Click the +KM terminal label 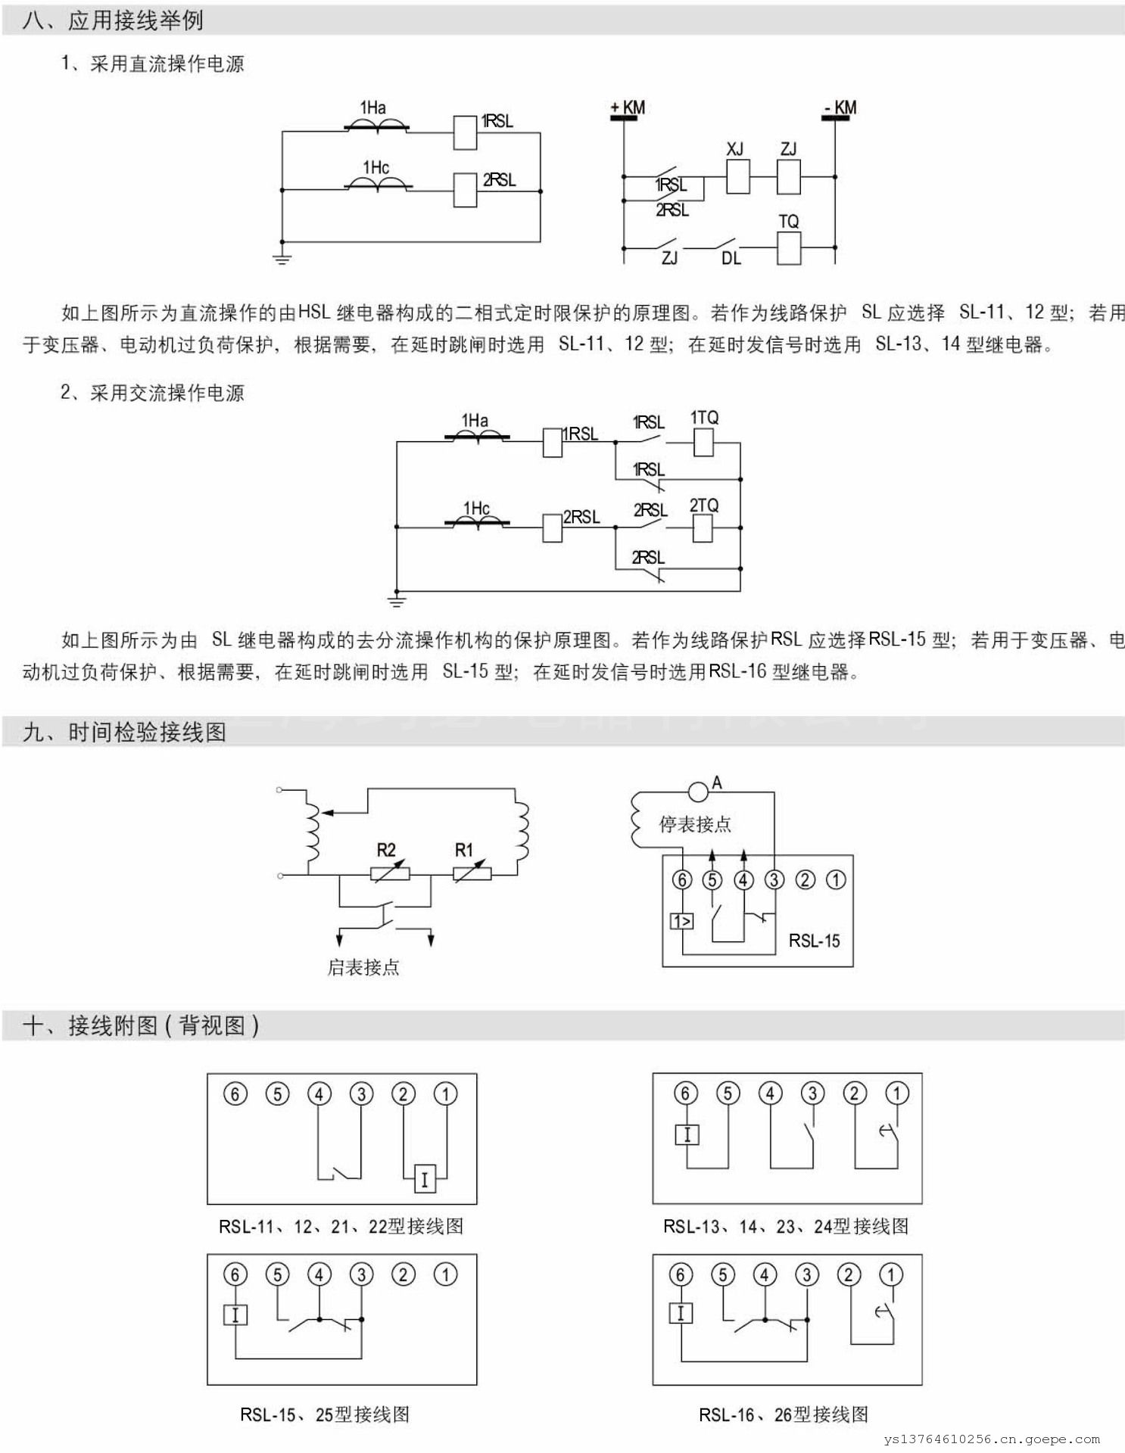click(x=628, y=107)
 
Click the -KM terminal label click(x=840, y=107)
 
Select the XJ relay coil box click(x=737, y=176)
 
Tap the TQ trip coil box click(x=789, y=247)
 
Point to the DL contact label click(x=731, y=259)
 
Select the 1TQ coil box click(x=703, y=442)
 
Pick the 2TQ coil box click(x=703, y=527)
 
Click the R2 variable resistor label click(x=386, y=850)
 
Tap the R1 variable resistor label click(x=463, y=850)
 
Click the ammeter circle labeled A click(x=697, y=792)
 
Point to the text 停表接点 click(x=695, y=824)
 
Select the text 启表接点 click(x=363, y=967)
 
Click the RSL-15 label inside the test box click(x=814, y=941)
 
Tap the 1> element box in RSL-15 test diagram click(x=681, y=921)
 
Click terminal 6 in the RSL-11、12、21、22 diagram click(x=235, y=1094)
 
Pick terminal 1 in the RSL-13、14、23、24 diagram click(x=897, y=1094)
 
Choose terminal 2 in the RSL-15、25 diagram click(x=404, y=1275)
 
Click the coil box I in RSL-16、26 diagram click(x=681, y=1313)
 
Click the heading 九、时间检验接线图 click(x=125, y=732)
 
